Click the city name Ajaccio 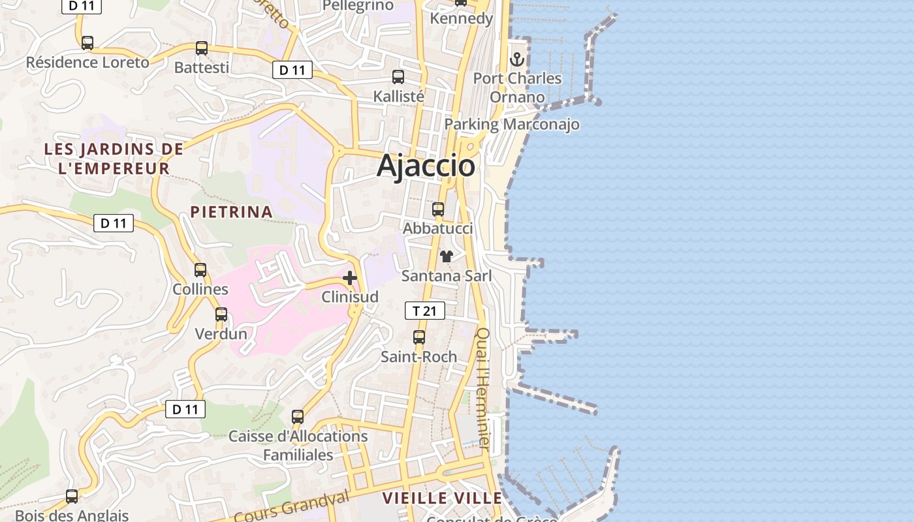(x=426, y=165)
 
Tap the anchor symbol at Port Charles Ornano (x=517, y=59)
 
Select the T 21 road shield (x=425, y=311)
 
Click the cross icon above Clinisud (x=350, y=279)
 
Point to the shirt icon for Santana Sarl (x=447, y=256)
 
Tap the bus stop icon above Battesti (x=202, y=48)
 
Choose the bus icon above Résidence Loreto (x=87, y=43)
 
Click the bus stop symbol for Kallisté (x=398, y=77)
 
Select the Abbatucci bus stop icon (x=438, y=209)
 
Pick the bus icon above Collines (x=200, y=270)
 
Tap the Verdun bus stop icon (x=221, y=315)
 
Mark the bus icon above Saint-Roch (x=419, y=337)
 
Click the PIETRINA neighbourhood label (x=231, y=211)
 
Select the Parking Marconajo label (x=512, y=124)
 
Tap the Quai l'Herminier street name (x=483, y=388)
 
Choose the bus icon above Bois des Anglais (x=72, y=497)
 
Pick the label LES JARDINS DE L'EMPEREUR (x=114, y=159)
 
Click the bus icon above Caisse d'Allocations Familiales (x=298, y=416)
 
